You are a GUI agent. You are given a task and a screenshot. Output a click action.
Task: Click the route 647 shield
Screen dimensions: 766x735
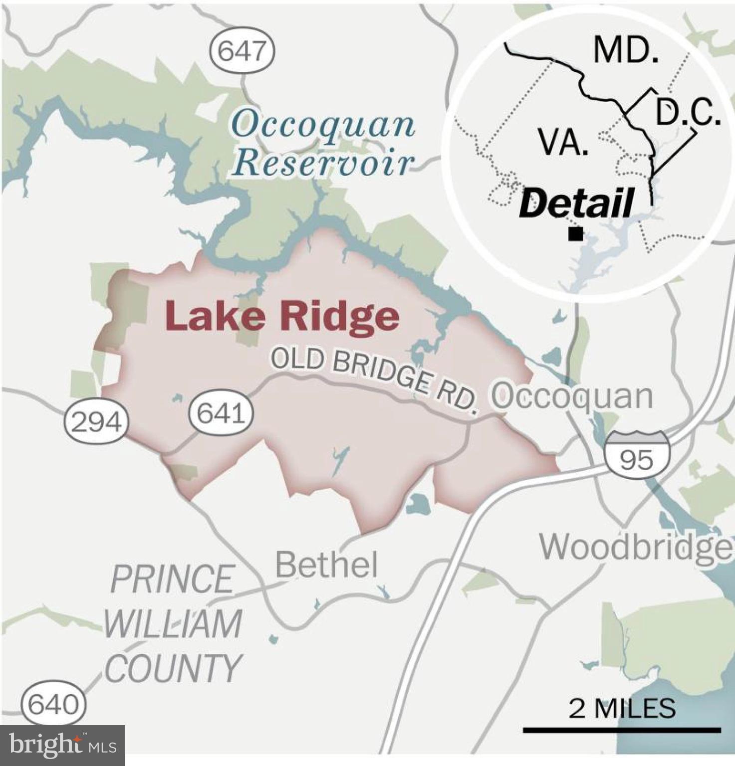(x=242, y=50)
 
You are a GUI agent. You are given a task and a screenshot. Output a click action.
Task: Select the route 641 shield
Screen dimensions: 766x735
(x=221, y=413)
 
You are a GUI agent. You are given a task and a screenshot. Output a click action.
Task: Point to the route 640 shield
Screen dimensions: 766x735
(x=53, y=705)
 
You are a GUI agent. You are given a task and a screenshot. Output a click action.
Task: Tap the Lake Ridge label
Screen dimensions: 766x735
(x=282, y=316)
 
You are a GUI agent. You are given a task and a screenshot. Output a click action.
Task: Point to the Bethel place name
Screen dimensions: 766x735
(x=326, y=565)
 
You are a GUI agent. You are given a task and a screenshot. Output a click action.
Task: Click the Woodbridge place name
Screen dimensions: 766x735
(x=636, y=547)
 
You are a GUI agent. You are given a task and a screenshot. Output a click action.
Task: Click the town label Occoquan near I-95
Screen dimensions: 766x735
(x=572, y=396)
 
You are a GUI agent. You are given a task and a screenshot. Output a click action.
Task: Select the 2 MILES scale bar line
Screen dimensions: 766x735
(x=622, y=730)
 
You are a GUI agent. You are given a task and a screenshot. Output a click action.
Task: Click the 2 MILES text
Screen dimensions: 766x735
(x=622, y=708)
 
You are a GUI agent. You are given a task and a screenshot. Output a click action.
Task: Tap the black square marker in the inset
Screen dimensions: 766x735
(x=576, y=234)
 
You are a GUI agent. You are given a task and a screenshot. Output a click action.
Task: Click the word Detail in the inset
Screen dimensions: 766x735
(x=577, y=203)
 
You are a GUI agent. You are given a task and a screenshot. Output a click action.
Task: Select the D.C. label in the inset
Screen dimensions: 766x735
(x=688, y=113)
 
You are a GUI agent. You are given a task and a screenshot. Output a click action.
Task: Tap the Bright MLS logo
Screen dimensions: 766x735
(x=62, y=745)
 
